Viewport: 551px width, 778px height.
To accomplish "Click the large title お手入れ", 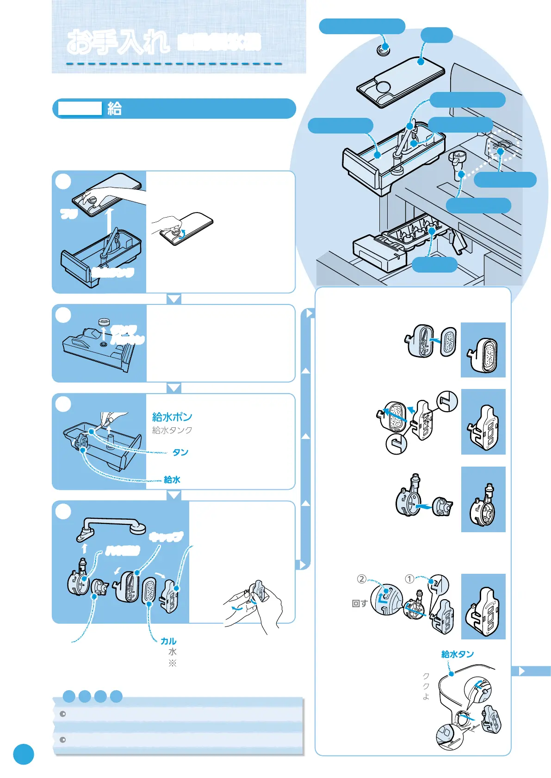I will pyautogui.click(x=118, y=42).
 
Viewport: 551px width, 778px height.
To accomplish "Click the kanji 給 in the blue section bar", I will pyautogui.click(x=114, y=109).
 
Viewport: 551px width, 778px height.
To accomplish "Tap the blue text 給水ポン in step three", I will pyautogui.click(x=172, y=417).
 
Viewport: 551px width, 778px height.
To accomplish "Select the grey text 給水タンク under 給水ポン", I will pyautogui.click(x=172, y=430).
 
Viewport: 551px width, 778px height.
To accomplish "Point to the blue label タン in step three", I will pyautogui.click(x=180, y=452).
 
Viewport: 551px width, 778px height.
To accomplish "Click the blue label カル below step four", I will pyautogui.click(x=168, y=641).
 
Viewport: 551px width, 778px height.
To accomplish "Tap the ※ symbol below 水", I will pyautogui.click(x=173, y=663).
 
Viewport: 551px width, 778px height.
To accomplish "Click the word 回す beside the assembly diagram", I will pyautogui.click(x=359, y=603).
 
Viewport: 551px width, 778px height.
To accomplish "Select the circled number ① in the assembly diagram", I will pyautogui.click(x=409, y=579).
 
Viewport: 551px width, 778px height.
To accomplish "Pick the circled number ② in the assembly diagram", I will pyautogui.click(x=361, y=579).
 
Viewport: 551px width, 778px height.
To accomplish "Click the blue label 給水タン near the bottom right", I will pyautogui.click(x=458, y=654).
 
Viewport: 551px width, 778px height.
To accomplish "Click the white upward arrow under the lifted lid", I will pyautogui.click(x=109, y=220).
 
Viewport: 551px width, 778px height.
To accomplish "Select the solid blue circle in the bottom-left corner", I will pyautogui.click(x=24, y=754).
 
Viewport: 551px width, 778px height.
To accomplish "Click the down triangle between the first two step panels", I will pyautogui.click(x=174, y=299).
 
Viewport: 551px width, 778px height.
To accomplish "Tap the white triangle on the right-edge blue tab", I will pyautogui.click(x=522, y=671).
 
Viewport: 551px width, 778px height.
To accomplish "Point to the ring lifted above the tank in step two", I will pyautogui.click(x=104, y=322).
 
